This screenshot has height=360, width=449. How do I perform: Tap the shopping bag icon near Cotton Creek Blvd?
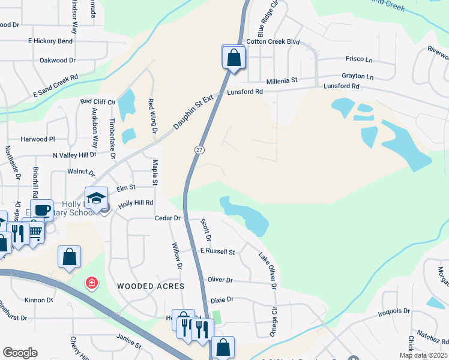(x=234, y=58)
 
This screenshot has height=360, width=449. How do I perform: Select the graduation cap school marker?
(x=96, y=198)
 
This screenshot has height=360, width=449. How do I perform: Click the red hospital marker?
(x=92, y=283)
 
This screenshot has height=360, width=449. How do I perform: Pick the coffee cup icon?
(x=42, y=211)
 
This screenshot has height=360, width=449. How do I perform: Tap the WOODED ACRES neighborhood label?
(x=150, y=286)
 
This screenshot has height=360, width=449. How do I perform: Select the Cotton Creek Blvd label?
(x=273, y=42)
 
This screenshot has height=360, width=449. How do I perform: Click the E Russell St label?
(x=217, y=251)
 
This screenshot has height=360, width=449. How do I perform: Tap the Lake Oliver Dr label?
(x=268, y=271)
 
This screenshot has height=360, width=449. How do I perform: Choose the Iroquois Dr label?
(x=394, y=311)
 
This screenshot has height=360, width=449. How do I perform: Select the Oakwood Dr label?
(x=57, y=61)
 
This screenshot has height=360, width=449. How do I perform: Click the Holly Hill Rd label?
(x=136, y=203)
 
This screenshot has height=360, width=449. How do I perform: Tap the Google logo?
(x=20, y=353)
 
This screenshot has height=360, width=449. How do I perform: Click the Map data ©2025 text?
(x=423, y=355)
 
